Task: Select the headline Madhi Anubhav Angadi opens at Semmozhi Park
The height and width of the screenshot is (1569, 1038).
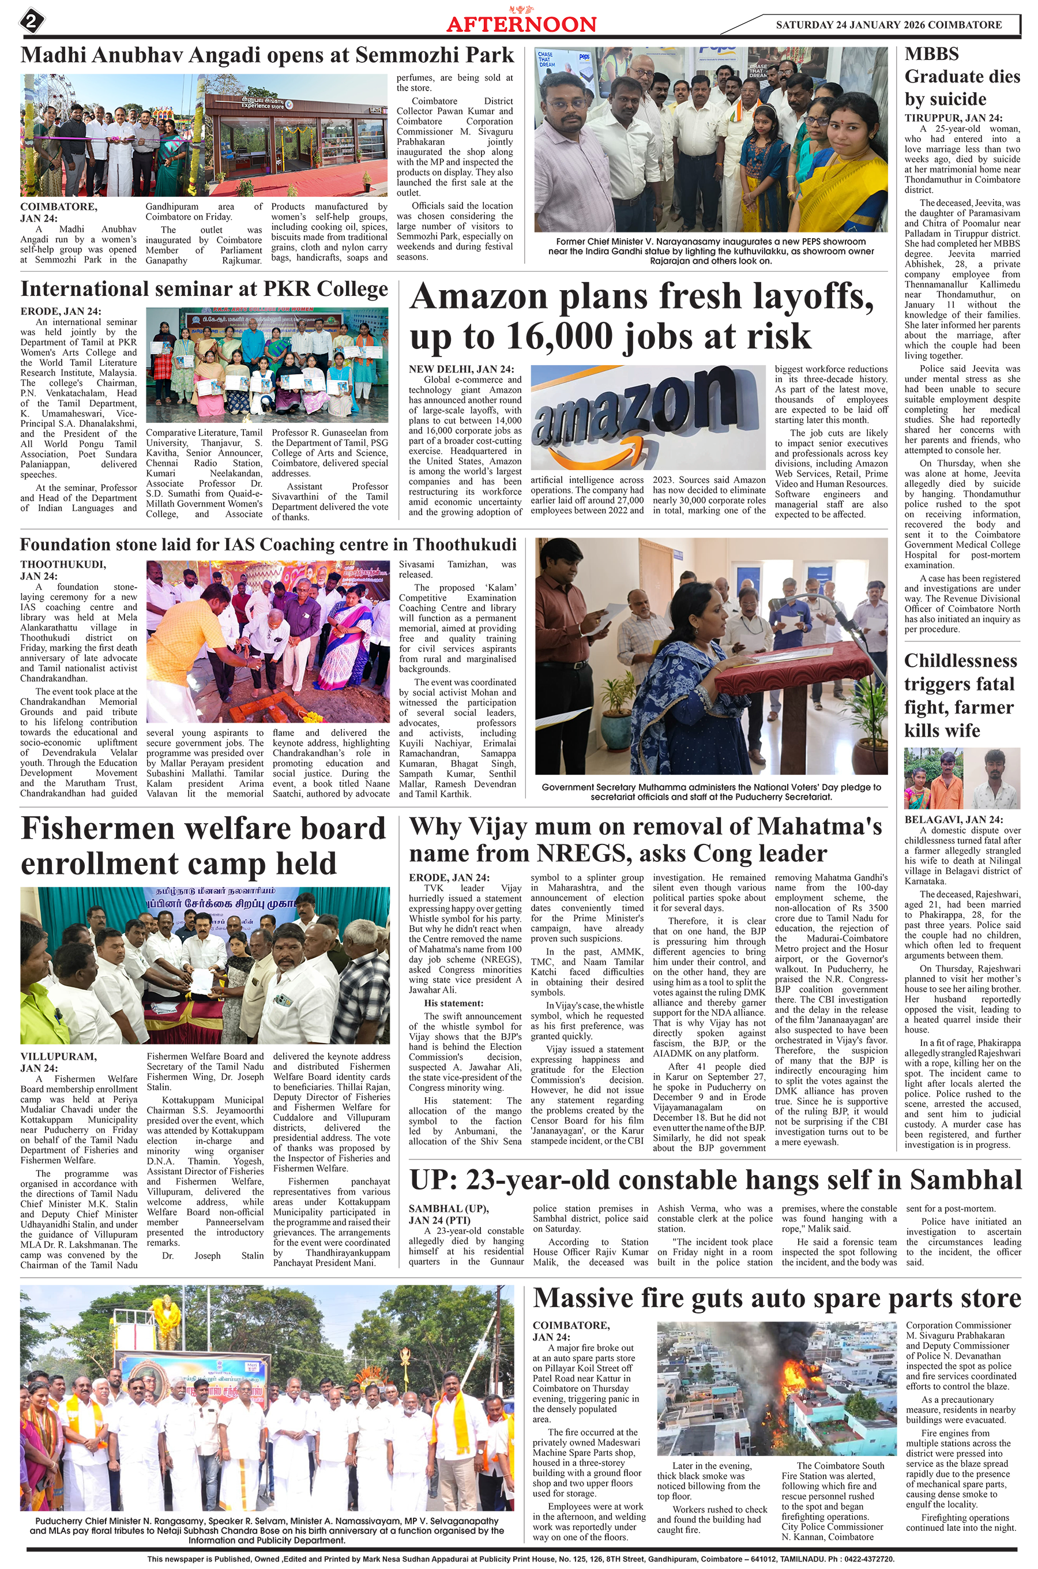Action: pos(268,55)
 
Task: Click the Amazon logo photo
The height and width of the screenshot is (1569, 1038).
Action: pos(648,417)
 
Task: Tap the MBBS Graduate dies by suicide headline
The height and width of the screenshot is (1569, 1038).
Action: pos(962,77)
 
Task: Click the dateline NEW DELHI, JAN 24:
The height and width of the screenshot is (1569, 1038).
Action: pos(461,369)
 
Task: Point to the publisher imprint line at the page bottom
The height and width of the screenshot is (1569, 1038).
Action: pos(521,1559)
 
